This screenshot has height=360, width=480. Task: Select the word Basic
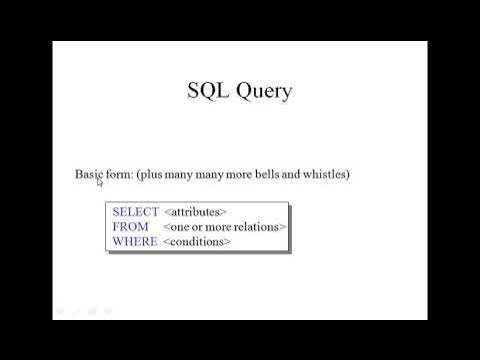click(89, 174)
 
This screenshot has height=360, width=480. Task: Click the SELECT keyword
click(135, 212)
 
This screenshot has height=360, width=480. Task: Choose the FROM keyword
click(131, 227)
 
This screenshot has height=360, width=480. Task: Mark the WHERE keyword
click(135, 242)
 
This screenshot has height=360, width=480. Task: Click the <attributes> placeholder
click(195, 212)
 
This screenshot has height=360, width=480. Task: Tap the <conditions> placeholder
click(197, 242)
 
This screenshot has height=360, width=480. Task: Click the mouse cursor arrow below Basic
click(100, 183)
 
